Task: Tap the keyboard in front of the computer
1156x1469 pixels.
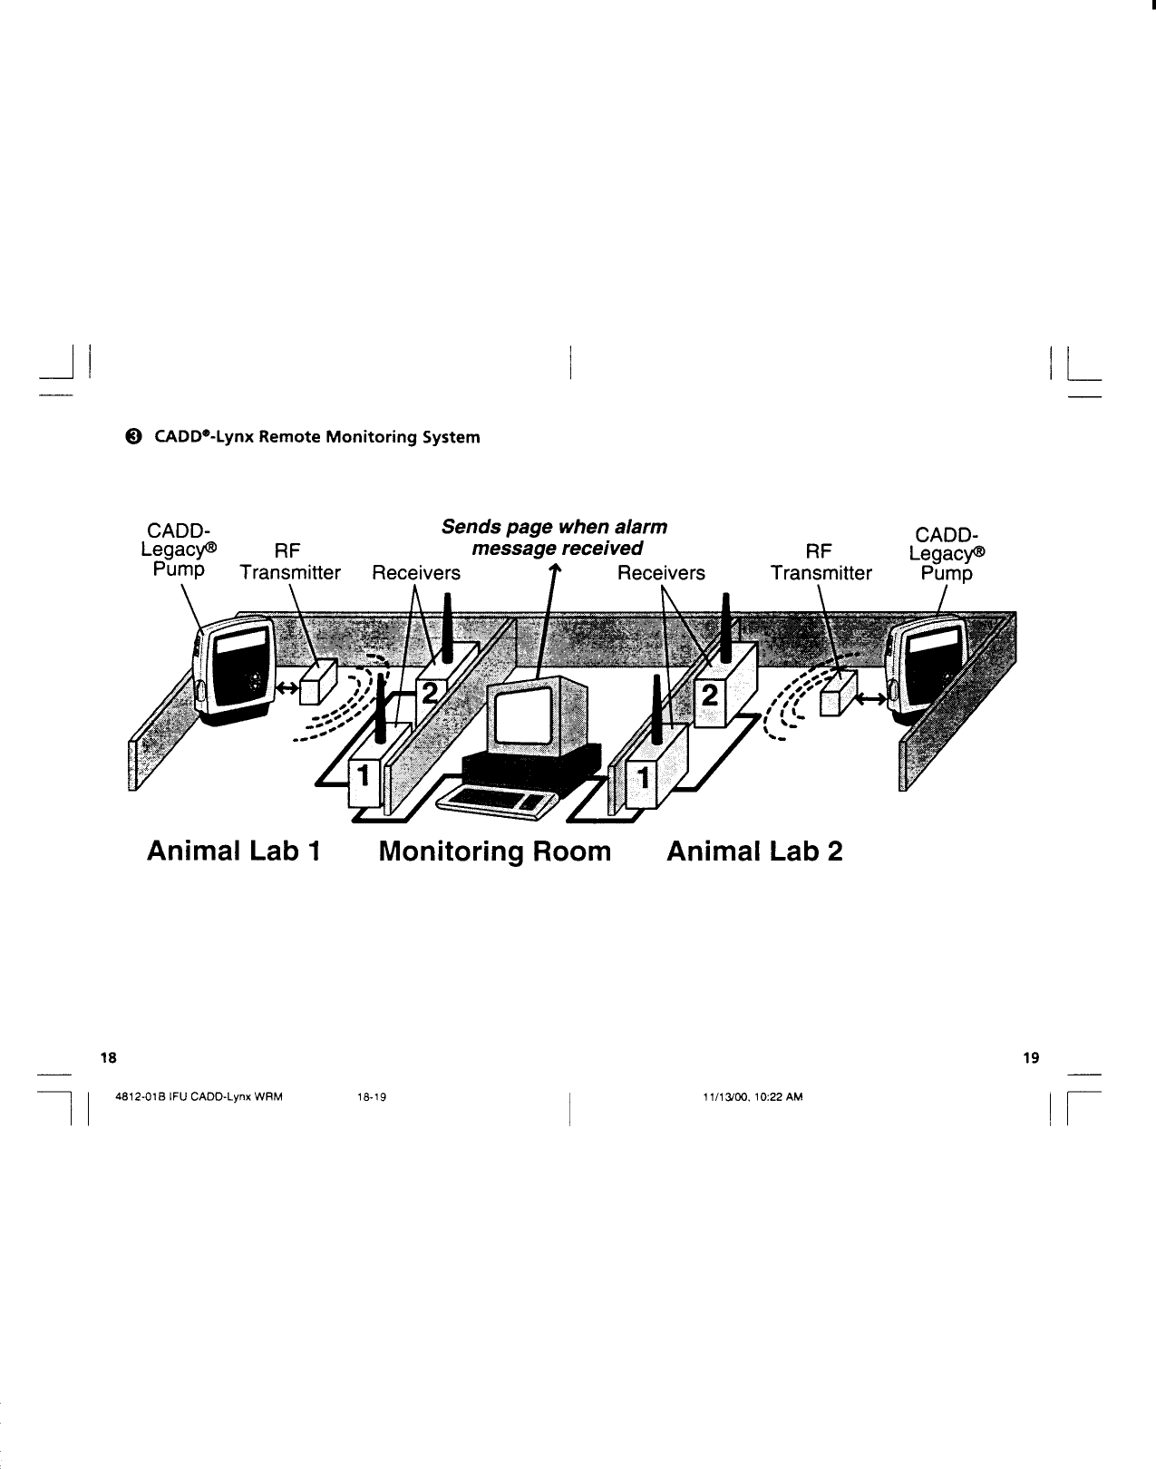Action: (497, 799)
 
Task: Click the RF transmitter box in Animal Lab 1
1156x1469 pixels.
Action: (318, 681)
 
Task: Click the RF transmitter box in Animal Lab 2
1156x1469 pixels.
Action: (837, 694)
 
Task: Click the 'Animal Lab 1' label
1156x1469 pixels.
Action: (234, 852)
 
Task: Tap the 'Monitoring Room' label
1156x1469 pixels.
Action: (495, 852)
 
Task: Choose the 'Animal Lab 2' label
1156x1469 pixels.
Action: (754, 852)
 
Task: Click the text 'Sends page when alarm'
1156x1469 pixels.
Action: (554, 527)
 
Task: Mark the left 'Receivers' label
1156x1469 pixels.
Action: (416, 573)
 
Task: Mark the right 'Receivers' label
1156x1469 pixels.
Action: (661, 573)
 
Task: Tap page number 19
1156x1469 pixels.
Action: (1030, 1057)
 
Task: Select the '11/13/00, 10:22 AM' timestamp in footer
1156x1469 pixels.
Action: (753, 1096)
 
